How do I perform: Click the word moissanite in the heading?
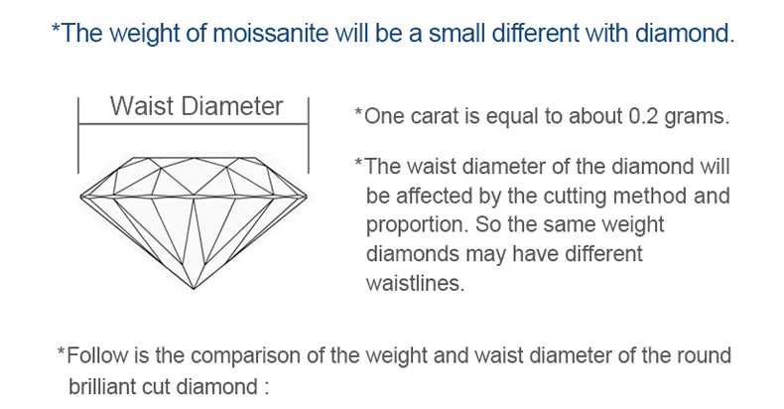[x=271, y=33]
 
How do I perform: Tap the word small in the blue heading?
[x=457, y=33]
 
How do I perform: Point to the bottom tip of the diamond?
[x=194, y=289]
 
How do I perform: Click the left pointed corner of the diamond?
[x=81, y=197]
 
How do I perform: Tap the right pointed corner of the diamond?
[x=307, y=197]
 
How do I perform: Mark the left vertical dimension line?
[x=78, y=135]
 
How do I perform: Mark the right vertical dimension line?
[x=308, y=135]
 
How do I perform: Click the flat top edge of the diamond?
[x=194, y=158]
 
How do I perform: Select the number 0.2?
[x=643, y=116]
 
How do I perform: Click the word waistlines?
[x=415, y=283]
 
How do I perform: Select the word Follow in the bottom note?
[x=97, y=355]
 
